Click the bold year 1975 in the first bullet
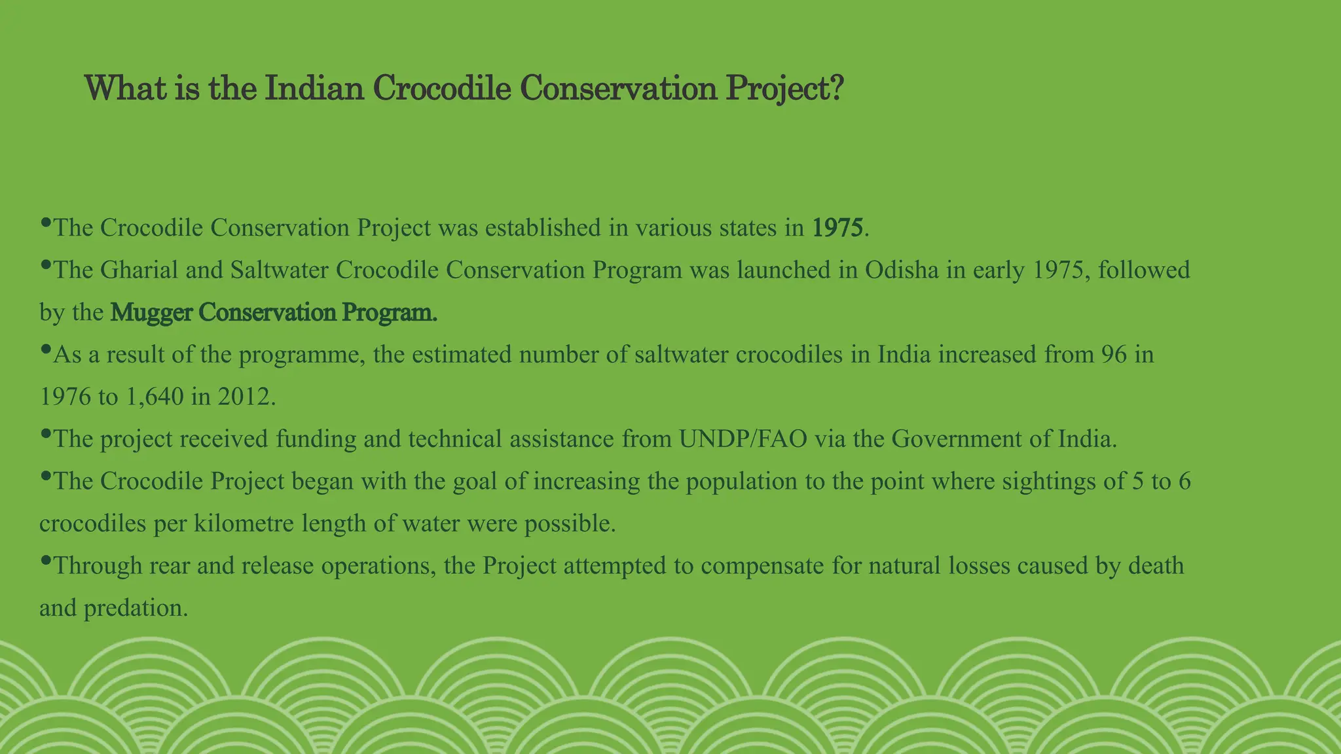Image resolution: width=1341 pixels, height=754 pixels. (838, 228)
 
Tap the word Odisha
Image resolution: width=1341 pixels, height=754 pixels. (902, 270)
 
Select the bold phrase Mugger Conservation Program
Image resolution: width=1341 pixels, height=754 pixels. (273, 313)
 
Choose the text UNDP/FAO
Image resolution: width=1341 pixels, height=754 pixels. (743, 439)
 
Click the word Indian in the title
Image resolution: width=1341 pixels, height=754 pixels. (314, 88)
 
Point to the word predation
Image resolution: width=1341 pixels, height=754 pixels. (136, 609)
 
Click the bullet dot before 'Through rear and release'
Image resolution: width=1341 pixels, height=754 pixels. (45, 560)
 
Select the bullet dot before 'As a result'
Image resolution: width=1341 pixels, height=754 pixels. (45, 350)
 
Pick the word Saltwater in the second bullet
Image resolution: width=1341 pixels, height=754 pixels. (279, 270)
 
